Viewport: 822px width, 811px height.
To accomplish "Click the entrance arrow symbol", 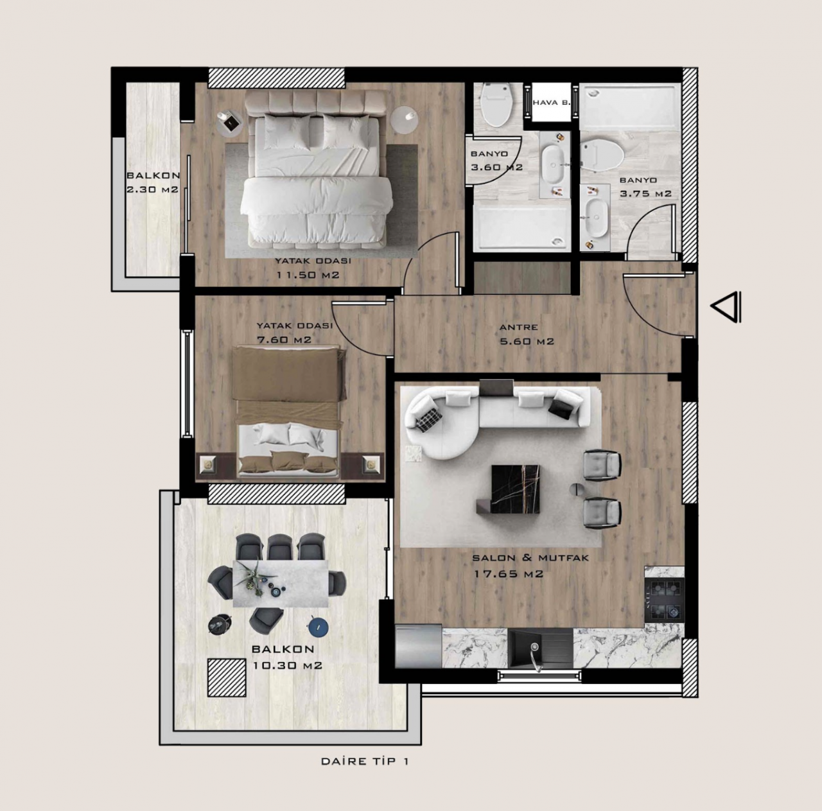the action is click(x=726, y=307).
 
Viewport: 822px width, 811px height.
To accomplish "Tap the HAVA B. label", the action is click(x=552, y=102).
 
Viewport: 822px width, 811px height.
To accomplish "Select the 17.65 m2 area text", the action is click(x=509, y=574).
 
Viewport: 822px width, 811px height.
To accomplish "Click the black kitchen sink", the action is click(x=541, y=649).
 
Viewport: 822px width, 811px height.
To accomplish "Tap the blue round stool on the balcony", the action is click(x=319, y=626).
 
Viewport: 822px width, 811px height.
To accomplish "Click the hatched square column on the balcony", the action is click(x=227, y=678).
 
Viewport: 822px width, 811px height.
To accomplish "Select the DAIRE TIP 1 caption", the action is click(x=365, y=761).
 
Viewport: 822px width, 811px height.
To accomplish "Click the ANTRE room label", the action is click(x=519, y=327).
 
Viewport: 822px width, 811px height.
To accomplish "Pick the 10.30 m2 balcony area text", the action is click(x=288, y=665).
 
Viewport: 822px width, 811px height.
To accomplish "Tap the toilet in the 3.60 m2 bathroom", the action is click(x=496, y=105).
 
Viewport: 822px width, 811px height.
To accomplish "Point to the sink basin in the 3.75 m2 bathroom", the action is click(x=596, y=218).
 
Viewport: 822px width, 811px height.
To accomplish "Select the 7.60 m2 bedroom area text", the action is click(x=284, y=340).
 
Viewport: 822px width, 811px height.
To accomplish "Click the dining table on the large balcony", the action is click(x=281, y=584).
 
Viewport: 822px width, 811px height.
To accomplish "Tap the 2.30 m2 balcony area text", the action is click(x=152, y=189).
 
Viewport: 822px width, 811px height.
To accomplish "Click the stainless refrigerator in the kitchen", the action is click(x=419, y=647).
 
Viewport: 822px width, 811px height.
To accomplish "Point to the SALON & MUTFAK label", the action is click(x=530, y=557).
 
